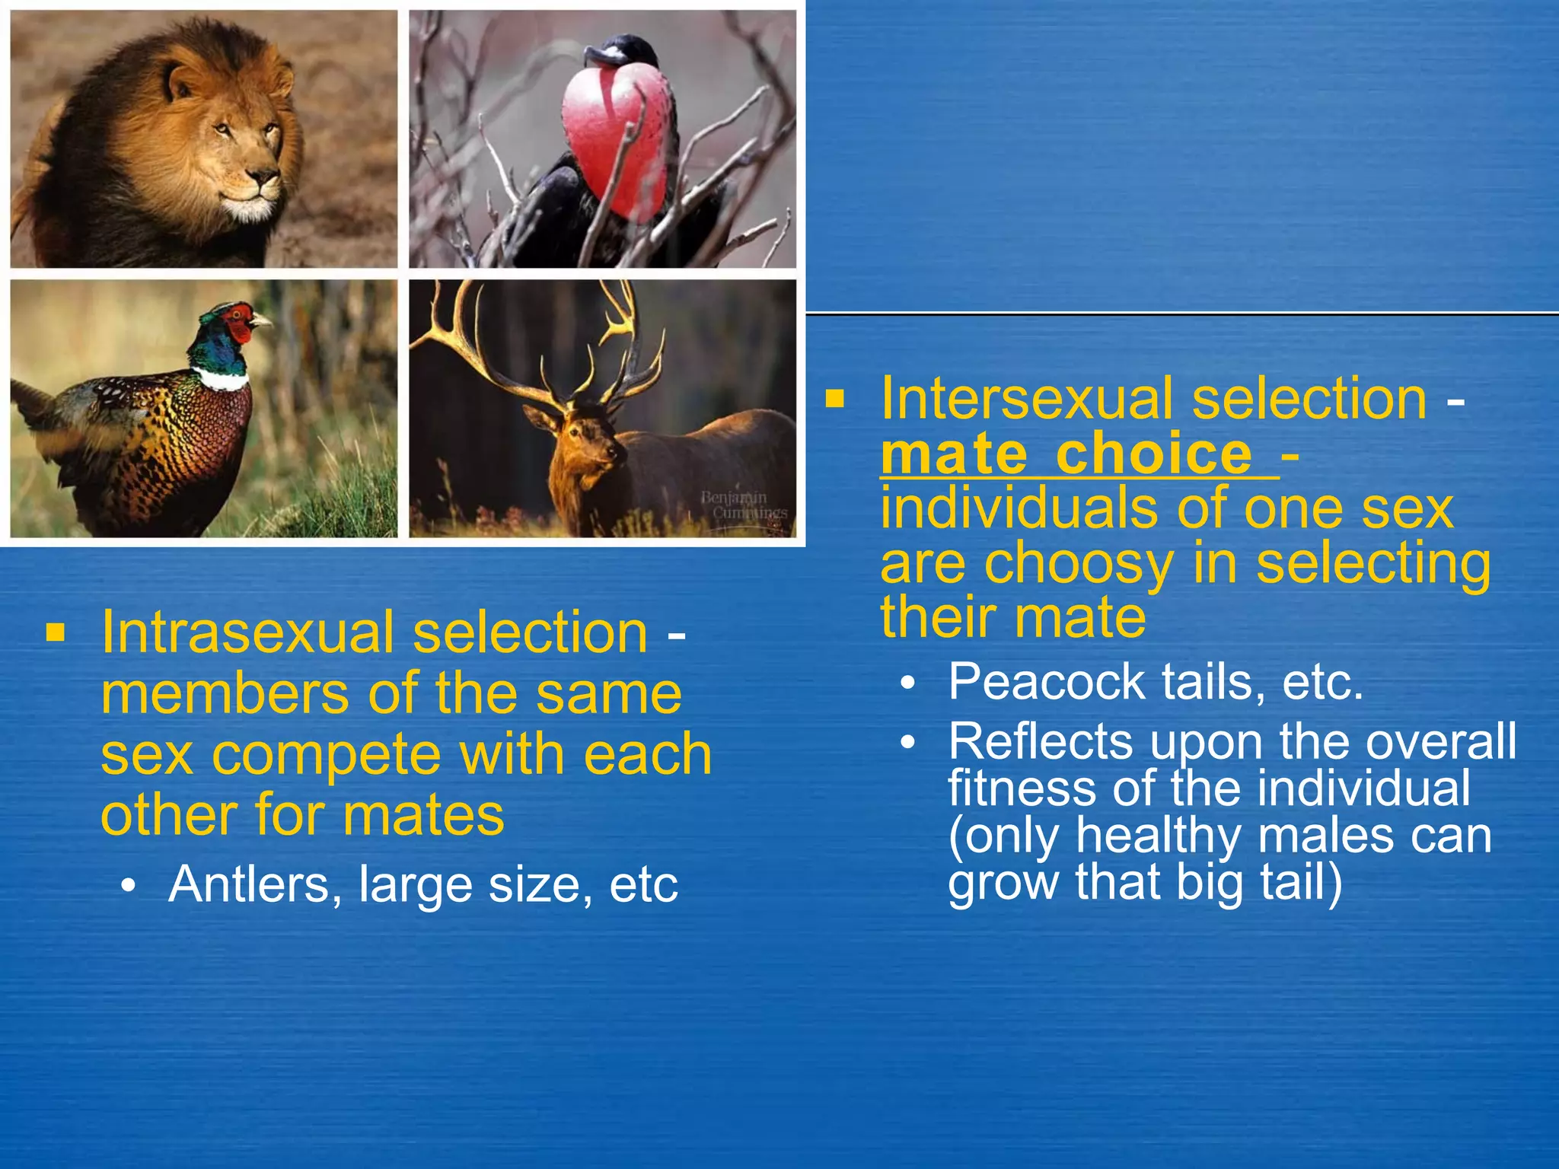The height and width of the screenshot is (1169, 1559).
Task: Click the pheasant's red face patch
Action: pyautogui.click(x=242, y=321)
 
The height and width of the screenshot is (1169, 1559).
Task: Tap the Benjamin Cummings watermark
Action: pyautogui.click(x=743, y=505)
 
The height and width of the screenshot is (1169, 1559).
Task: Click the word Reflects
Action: pyautogui.click(x=1041, y=741)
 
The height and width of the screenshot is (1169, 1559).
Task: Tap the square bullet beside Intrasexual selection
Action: pyautogui.click(x=55, y=632)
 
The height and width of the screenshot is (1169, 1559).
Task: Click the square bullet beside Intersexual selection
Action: pyautogui.click(x=835, y=399)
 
